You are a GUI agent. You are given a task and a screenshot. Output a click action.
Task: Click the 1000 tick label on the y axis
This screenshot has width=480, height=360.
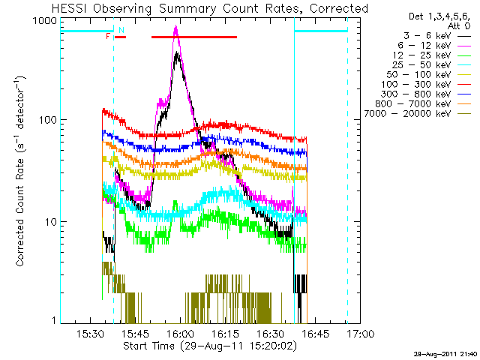pos(45,21)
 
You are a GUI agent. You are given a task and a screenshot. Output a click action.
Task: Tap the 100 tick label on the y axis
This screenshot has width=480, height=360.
pos(48,120)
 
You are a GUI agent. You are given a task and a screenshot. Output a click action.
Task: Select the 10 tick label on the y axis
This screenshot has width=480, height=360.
pos(51,222)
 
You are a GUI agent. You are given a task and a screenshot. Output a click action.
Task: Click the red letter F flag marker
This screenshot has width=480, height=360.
pos(109,36)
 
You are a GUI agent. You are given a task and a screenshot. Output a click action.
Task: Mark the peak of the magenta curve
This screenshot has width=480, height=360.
pos(175,28)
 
